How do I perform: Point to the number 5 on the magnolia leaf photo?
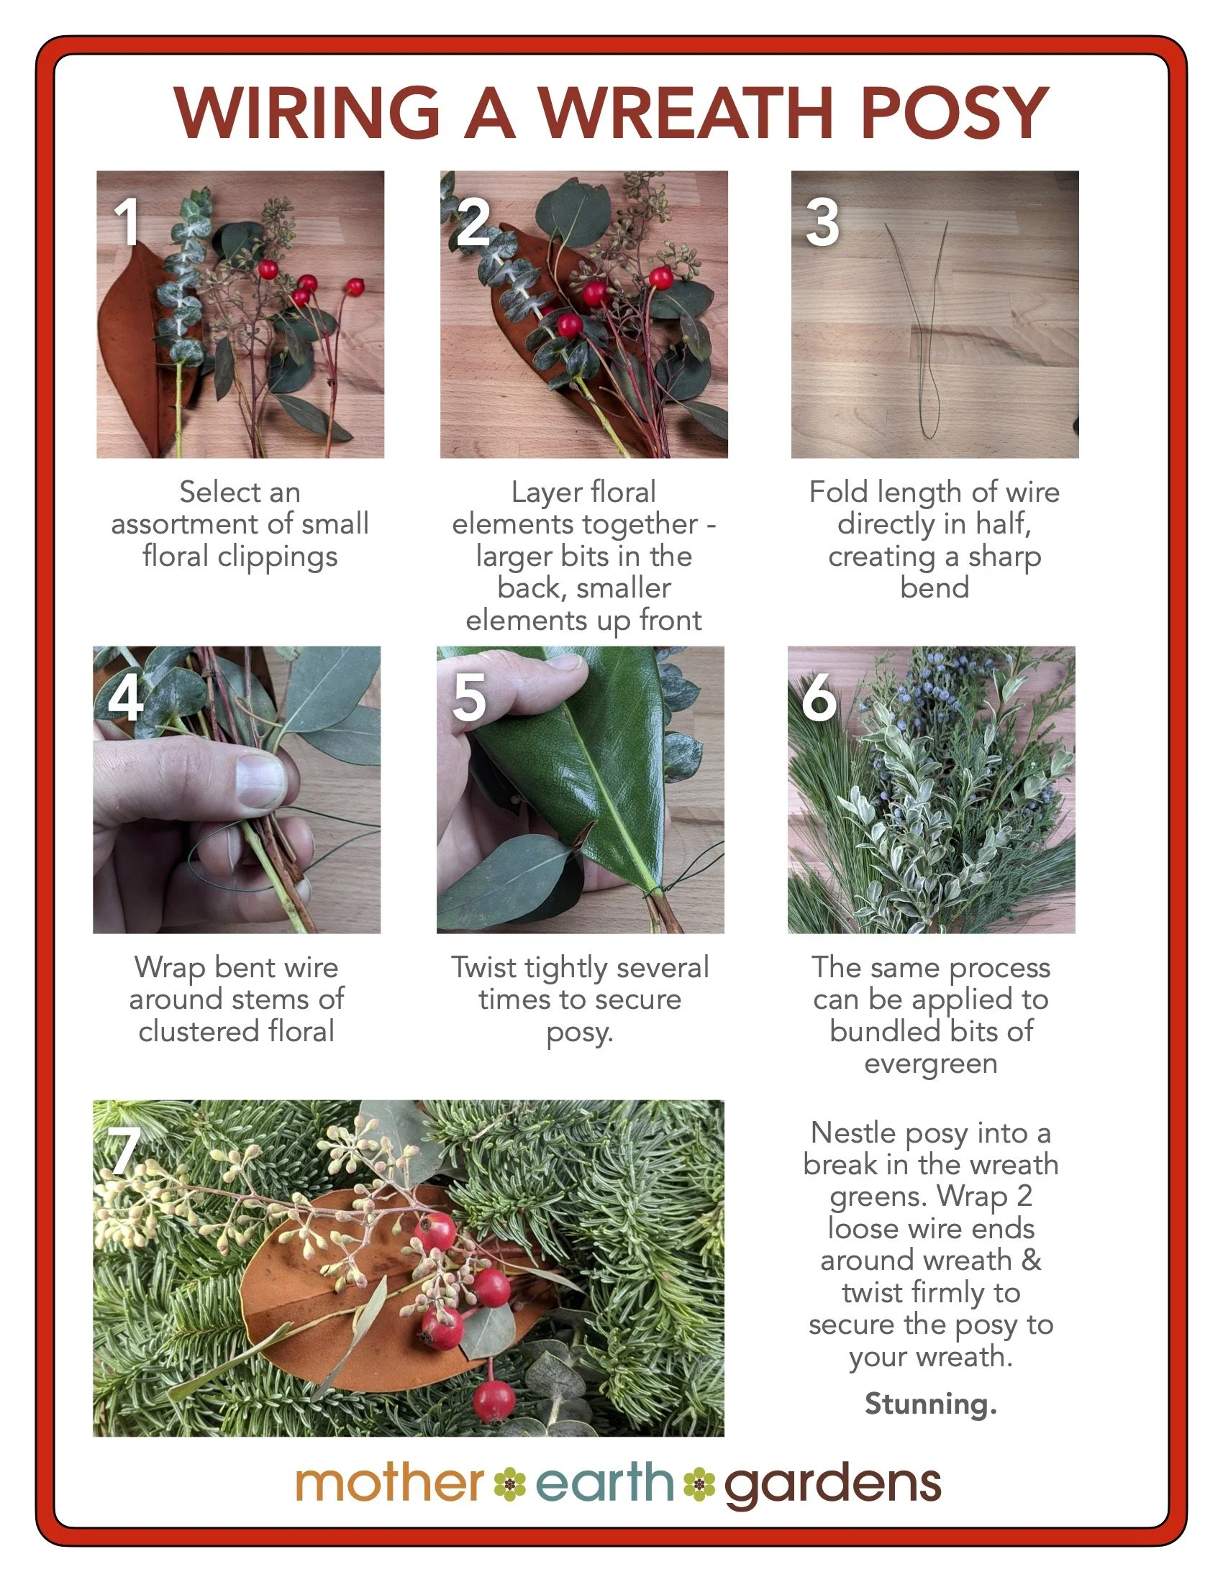pos(469,697)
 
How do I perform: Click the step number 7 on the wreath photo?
pos(123,1152)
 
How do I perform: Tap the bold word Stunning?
pos(930,1403)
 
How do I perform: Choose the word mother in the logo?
pos(389,1483)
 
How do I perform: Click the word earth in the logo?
pos(604,1483)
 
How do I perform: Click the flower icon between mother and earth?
pos(509,1484)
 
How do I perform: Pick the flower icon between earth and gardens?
pos(699,1484)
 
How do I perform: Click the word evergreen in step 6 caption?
pos(930,1064)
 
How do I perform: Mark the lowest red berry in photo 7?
pos(493,1401)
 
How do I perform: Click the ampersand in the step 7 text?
pos(1031,1261)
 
